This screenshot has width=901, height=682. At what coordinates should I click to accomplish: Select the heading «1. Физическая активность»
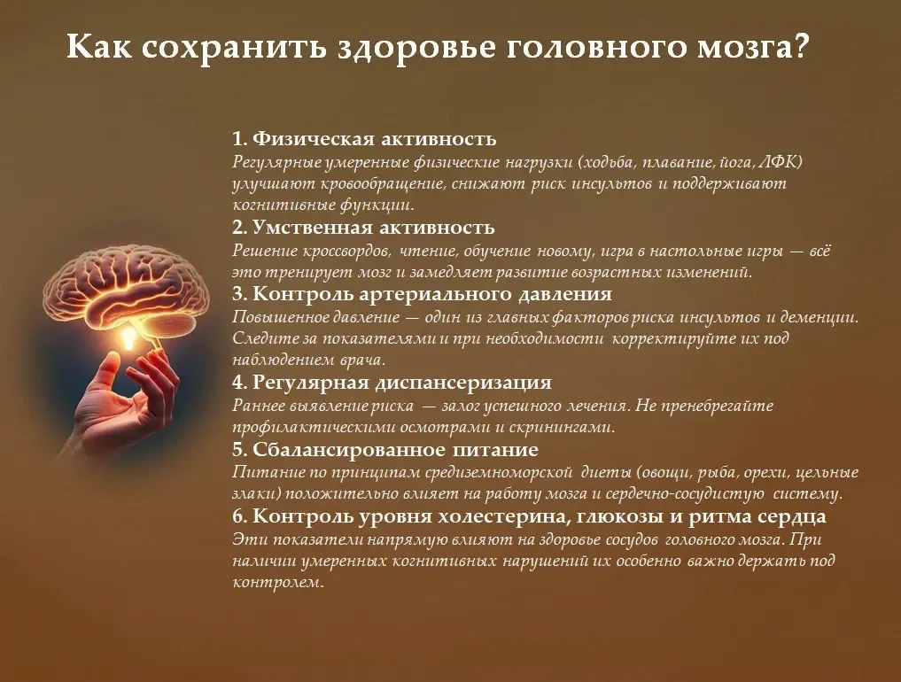click(364, 138)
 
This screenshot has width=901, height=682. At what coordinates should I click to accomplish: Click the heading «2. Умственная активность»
click(363, 227)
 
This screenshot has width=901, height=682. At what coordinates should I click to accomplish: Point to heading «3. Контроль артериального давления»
click(422, 293)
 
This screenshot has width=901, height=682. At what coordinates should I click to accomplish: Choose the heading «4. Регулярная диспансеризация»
click(392, 382)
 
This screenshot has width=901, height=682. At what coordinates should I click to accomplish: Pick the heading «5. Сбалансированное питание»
click(385, 449)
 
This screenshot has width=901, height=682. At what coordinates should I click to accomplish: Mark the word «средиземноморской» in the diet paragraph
click(499, 472)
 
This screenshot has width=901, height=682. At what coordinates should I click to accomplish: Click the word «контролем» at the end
click(276, 583)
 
